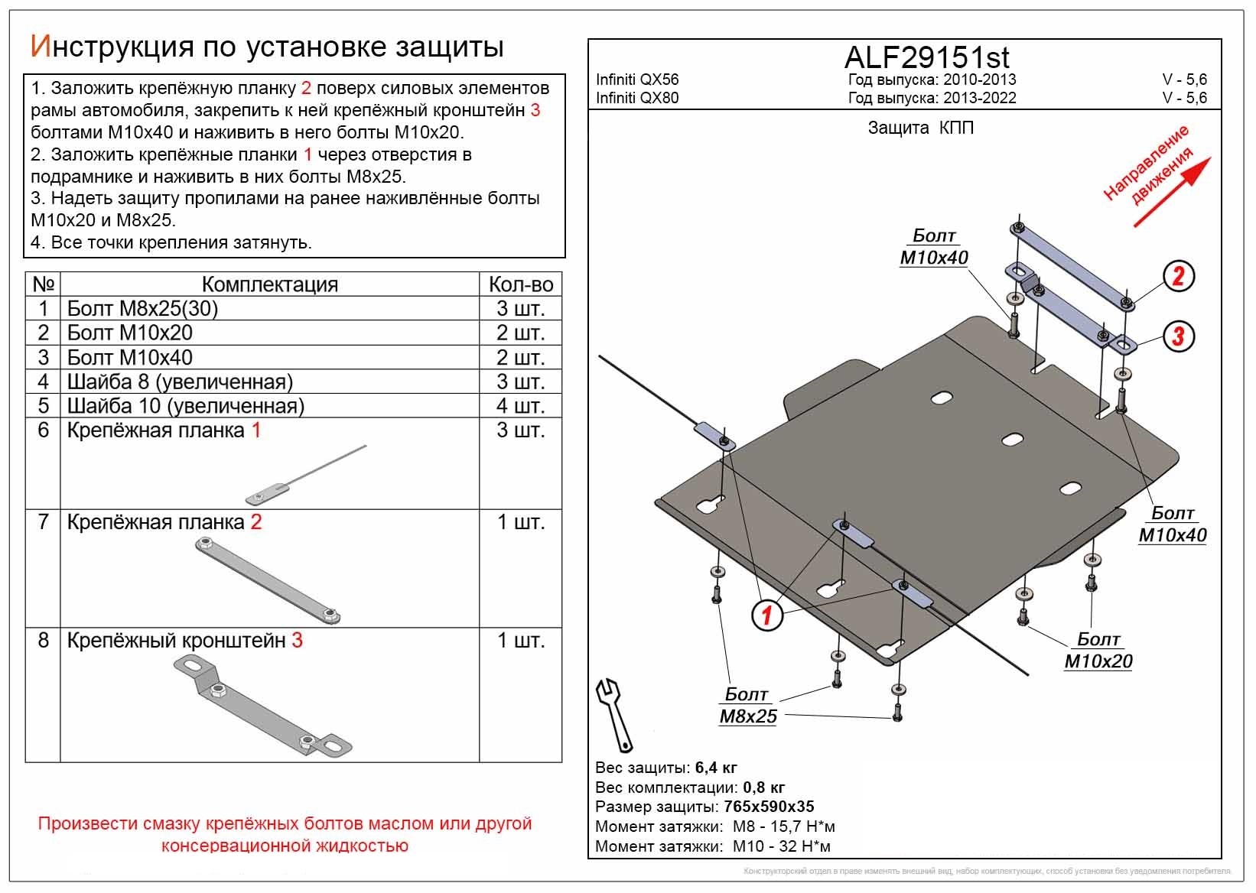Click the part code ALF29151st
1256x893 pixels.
[x=926, y=57]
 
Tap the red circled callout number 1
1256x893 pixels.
[x=766, y=615]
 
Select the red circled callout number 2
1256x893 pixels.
[x=1178, y=276]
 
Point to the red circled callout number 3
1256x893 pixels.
[x=1178, y=335]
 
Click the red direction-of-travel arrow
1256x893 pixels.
[x=1172, y=192]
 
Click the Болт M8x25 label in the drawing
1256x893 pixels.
[x=747, y=706]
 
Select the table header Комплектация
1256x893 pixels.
[x=269, y=284]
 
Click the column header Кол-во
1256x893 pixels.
[x=521, y=284]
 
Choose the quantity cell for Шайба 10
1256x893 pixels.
[x=521, y=406]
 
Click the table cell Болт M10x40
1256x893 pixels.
[x=130, y=357]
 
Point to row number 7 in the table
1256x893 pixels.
[x=44, y=522]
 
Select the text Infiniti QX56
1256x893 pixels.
[x=637, y=80]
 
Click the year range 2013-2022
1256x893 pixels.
[x=979, y=98]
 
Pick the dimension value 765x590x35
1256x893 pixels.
[x=768, y=807]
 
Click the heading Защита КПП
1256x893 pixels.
[x=920, y=128]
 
